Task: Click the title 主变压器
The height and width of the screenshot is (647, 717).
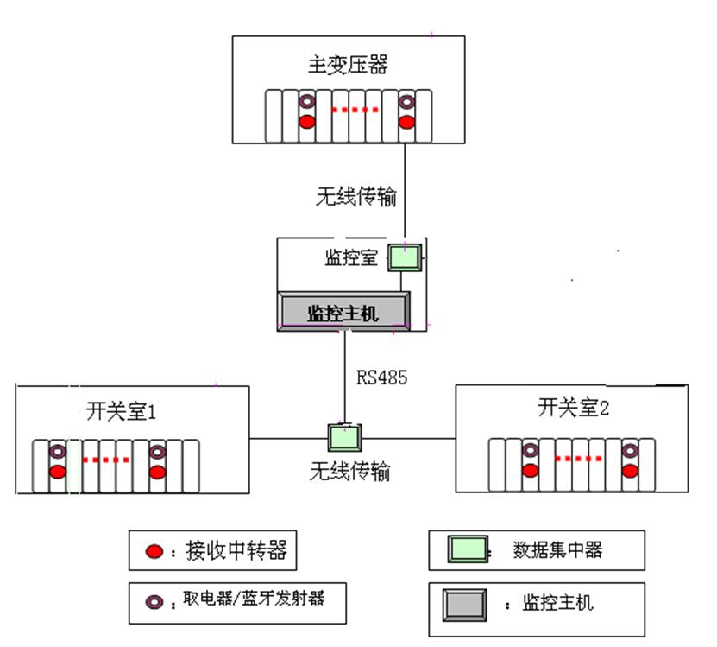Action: [x=348, y=65]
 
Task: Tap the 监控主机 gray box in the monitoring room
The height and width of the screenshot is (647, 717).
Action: [x=343, y=310]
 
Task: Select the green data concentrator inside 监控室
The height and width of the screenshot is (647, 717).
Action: [x=404, y=257]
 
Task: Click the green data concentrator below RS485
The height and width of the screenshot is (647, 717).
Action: [x=344, y=437]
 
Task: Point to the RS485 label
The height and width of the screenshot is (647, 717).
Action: [x=381, y=377]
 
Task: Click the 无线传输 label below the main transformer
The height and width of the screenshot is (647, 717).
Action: [x=356, y=196]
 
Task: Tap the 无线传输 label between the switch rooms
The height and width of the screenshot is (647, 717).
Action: [x=349, y=472]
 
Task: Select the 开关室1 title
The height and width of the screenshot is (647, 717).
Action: [x=121, y=411]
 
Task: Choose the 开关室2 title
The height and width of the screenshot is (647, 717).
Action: [x=573, y=408]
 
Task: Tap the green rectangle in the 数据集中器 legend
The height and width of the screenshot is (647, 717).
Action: [x=468, y=550]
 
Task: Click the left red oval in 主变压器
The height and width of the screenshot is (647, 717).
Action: [x=306, y=120]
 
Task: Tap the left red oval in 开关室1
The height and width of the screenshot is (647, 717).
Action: [x=57, y=472]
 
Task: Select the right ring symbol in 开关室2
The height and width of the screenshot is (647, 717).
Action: [x=630, y=451]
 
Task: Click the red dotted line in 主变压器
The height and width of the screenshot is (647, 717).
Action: [x=355, y=111]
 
